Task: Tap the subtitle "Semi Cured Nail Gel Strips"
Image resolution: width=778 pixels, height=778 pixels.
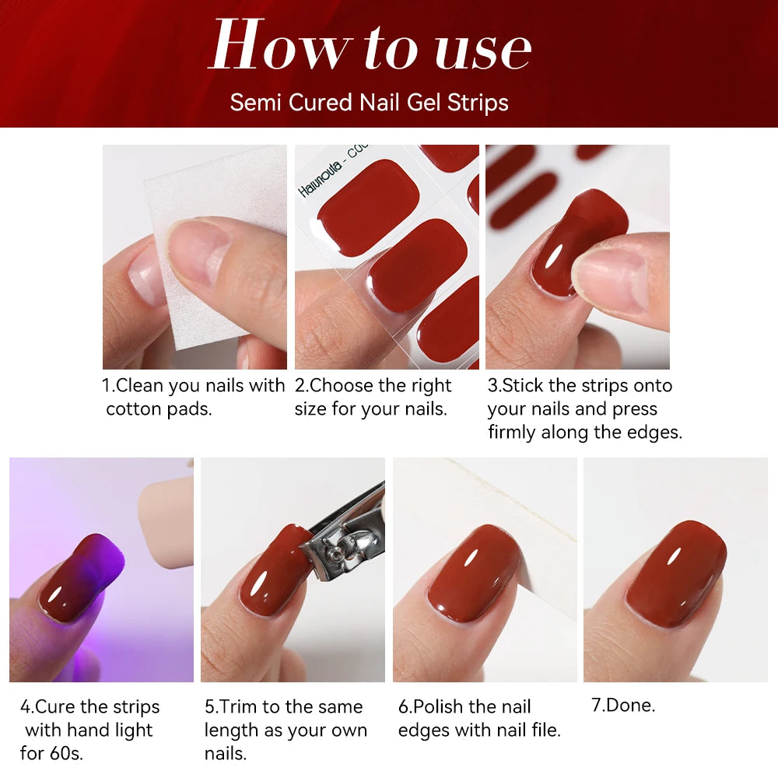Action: coord(369,102)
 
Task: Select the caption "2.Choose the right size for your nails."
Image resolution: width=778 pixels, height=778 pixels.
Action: coord(373,397)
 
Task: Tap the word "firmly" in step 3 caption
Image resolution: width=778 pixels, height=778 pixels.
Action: coord(514,432)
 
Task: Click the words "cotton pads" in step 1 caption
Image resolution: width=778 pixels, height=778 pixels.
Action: coord(159,409)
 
